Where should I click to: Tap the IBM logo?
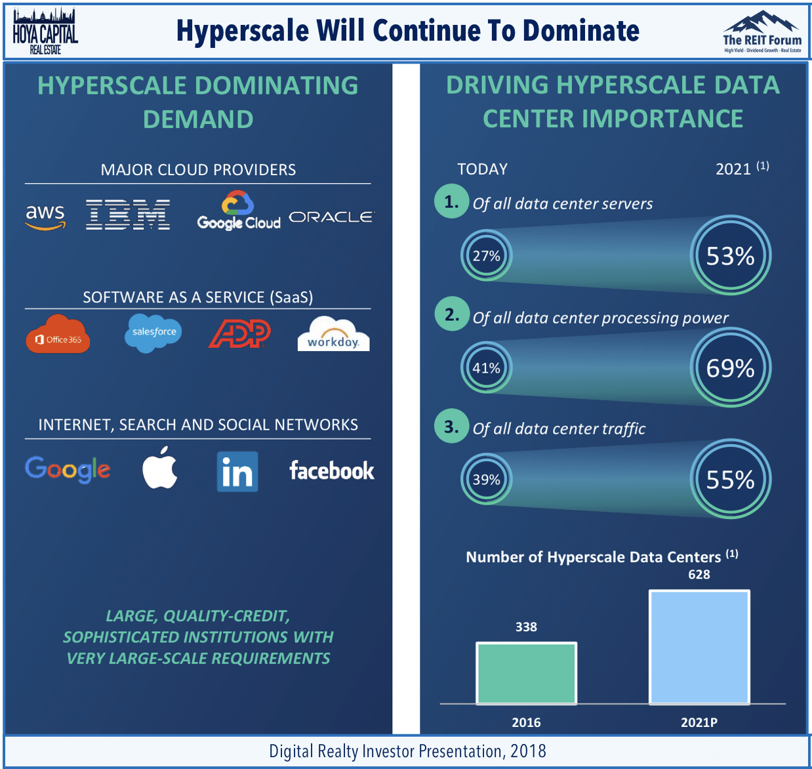pos(128,215)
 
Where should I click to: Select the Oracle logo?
pos(332,217)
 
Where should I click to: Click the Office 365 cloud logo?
pos(58,334)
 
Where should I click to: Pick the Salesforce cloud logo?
pos(153,333)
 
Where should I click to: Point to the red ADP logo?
pos(239,333)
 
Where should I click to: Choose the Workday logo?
pos(333,334)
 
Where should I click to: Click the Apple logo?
pos(160,468)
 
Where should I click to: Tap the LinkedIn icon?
pos(237,472)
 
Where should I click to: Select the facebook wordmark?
pos(332,470)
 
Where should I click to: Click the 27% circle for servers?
pos(487,256)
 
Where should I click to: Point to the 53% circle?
pos(730,255)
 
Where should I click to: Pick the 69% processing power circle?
pos(730,367)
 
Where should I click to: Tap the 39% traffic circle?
pos(487,480)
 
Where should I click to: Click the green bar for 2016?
pos(526,673)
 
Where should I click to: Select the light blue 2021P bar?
pos(699,647)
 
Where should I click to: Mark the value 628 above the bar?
pos(699,574)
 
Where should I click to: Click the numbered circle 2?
pos(452,314)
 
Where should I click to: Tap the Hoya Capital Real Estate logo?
pos(45,31)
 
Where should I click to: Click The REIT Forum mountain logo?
pos(762,31)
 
